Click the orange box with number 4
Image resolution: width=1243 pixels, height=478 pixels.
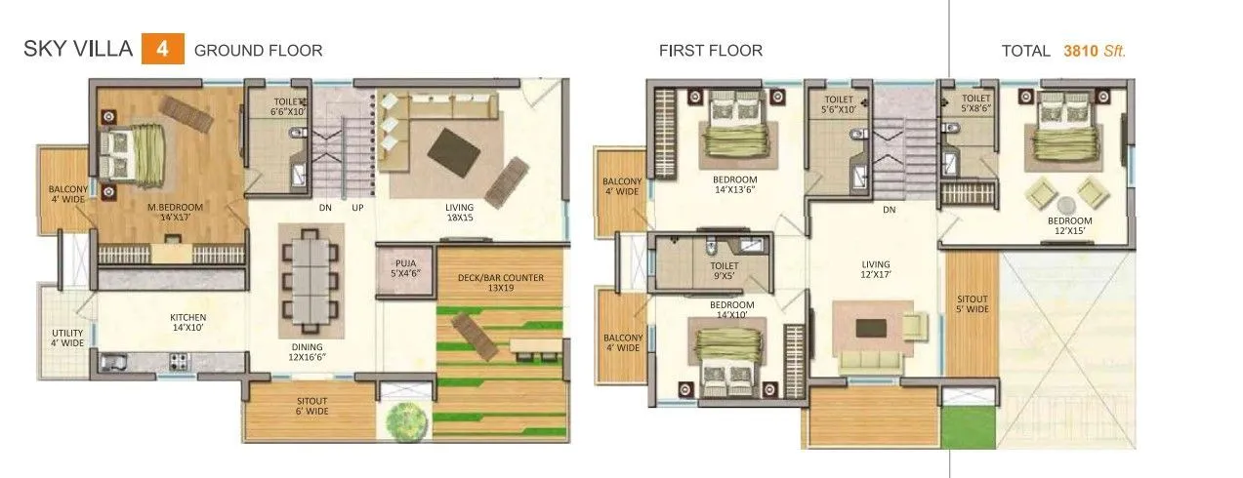162,49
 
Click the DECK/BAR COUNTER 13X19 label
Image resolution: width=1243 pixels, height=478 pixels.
500,283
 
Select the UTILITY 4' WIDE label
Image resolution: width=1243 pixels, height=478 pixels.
67,338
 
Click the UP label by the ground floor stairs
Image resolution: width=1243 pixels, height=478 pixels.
357,208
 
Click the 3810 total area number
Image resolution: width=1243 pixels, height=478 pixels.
1083,51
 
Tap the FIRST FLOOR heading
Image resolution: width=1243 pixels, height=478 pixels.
710,51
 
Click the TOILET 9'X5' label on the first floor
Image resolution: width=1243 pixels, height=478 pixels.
724,270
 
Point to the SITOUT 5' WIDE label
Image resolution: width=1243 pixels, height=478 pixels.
972,303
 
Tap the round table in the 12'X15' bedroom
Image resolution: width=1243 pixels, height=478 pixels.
1065,205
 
